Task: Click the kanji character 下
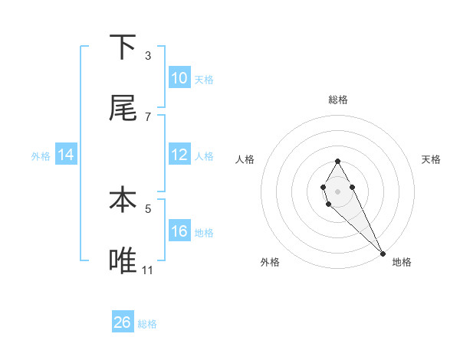123,47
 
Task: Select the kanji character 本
123,201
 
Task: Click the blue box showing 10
179,78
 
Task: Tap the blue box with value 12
179,155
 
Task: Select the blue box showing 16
179,231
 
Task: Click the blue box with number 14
66,155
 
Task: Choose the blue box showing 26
123,322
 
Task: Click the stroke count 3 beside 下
148,55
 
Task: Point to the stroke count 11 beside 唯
148,270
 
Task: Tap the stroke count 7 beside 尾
148,116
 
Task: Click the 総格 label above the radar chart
338,100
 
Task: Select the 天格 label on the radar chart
432,159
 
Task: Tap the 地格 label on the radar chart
402,262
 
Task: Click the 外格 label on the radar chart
270,262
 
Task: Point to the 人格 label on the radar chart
245,159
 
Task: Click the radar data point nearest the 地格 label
383,254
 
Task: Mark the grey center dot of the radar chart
337,190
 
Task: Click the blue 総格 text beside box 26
147,324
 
